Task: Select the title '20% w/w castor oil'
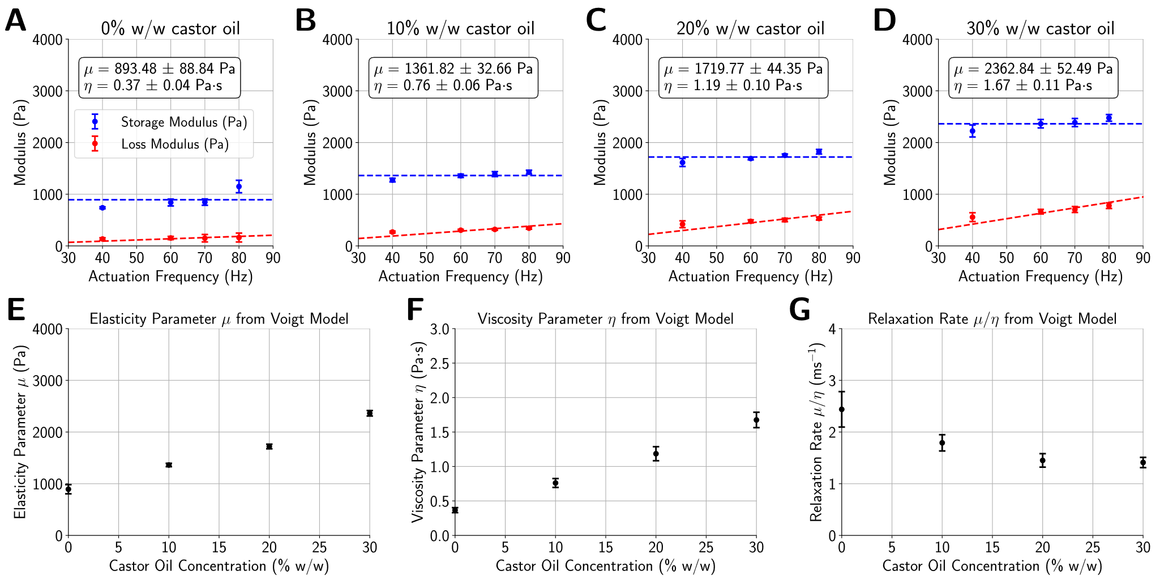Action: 750,28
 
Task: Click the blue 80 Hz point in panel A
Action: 239,186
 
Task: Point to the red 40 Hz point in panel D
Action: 972,217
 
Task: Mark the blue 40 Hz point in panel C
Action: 682,163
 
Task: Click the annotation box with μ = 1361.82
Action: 453,77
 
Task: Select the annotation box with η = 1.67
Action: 1033,77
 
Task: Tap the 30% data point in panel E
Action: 370,413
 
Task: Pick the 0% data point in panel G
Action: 842,409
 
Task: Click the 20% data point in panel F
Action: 656,453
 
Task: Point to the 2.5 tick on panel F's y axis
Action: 439,363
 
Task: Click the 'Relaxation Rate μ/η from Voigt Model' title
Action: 992,319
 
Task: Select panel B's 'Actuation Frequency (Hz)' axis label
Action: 460,276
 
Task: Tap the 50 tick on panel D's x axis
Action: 1006,258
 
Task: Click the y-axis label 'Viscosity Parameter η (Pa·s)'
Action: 418,432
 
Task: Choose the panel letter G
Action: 799,310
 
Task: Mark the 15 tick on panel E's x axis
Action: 219,548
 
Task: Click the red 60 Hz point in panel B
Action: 460,230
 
